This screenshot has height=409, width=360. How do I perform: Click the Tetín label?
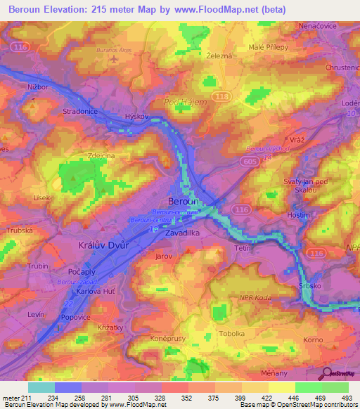coord(243,249)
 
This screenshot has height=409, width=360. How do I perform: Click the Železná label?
coord(220,55)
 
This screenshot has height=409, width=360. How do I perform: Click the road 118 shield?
coord(223,96)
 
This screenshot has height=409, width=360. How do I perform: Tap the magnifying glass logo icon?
coord(326,372)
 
